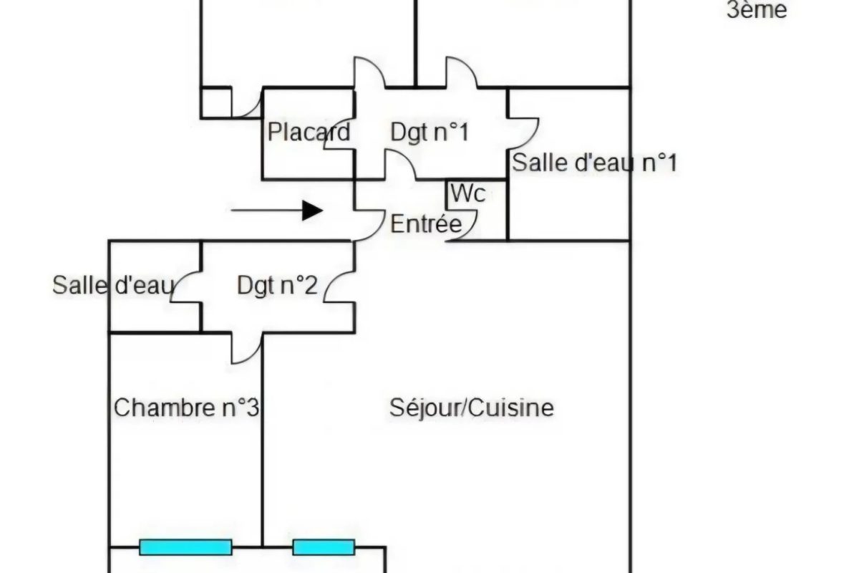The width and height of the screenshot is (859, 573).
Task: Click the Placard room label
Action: click(x=309, y=133)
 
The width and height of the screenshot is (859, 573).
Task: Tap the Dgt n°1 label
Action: click(x=429, y=133)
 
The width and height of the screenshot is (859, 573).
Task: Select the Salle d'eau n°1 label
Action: click(x=595, y=163)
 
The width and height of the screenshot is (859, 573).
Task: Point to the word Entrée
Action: click(x=426, y=224)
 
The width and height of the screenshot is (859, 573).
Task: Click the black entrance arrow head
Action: click(x=311, y=211)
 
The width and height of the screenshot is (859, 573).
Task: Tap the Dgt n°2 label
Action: click(x=277, y=286)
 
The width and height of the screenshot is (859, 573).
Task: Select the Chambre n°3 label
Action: click(x=186, y=408)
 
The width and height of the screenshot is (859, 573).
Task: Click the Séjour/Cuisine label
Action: click(x=472, y=408)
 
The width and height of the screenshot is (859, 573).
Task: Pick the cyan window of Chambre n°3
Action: click(x=185, y=547)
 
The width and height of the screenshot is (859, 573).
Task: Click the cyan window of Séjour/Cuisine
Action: click(x=324, y=547)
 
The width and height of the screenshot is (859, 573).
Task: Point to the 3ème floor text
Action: click(x=757, y=11)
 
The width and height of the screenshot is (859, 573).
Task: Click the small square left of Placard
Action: click(x=216, y=102)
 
